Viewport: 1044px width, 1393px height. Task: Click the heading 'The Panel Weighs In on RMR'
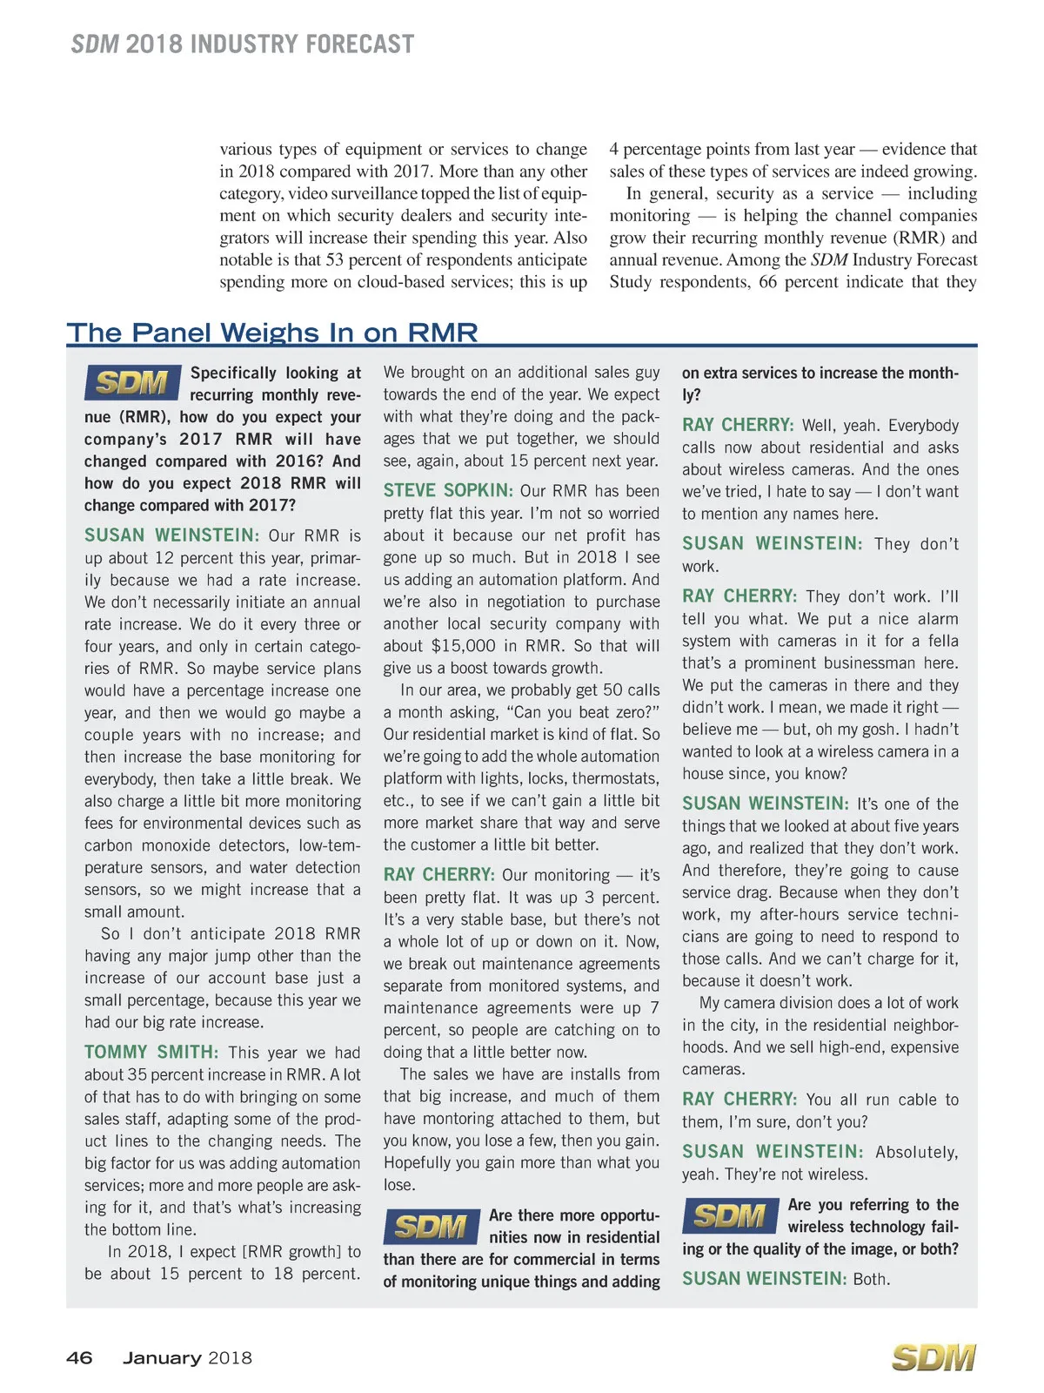(272, 333)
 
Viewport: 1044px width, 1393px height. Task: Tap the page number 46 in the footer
(79, 1357)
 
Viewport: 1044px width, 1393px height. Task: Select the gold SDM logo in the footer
(934, 1358)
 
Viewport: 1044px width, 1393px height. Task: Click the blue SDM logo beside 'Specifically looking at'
(132, 382)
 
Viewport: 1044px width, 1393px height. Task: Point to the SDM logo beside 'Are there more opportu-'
(432, 1227)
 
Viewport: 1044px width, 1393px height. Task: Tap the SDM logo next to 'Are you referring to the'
(730, 1215)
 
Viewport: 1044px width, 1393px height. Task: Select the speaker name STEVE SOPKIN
(448, 491)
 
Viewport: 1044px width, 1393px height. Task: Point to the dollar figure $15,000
(464, 646)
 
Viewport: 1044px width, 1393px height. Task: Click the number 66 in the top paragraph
(767, 282)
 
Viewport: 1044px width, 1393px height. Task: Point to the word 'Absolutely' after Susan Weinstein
(916, 1152)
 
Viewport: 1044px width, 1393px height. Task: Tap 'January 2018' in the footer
(187, 1358)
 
